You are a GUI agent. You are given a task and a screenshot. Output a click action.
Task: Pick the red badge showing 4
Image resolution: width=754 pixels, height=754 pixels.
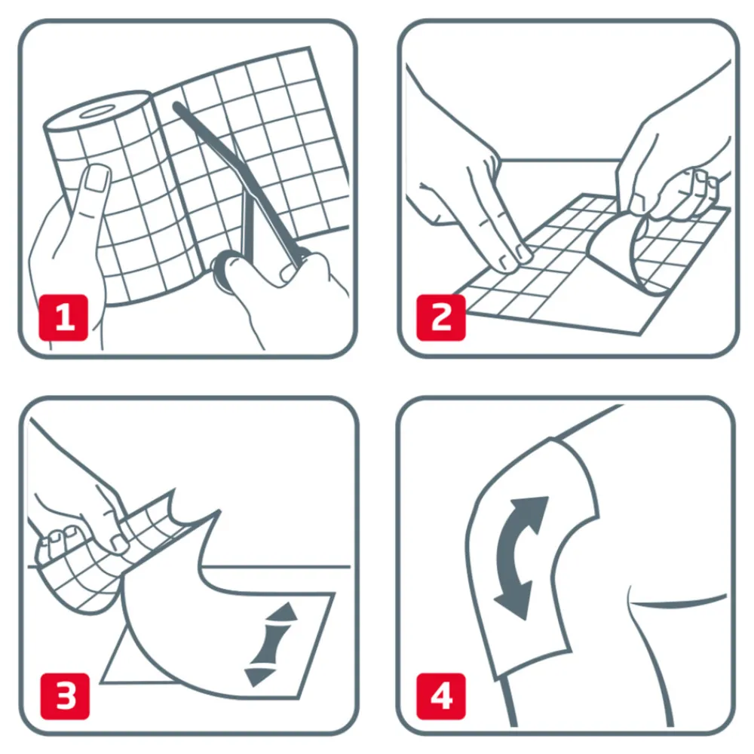tap(442, 695)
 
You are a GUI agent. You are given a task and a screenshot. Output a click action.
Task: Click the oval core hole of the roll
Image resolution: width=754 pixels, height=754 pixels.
tap(98, 112)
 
